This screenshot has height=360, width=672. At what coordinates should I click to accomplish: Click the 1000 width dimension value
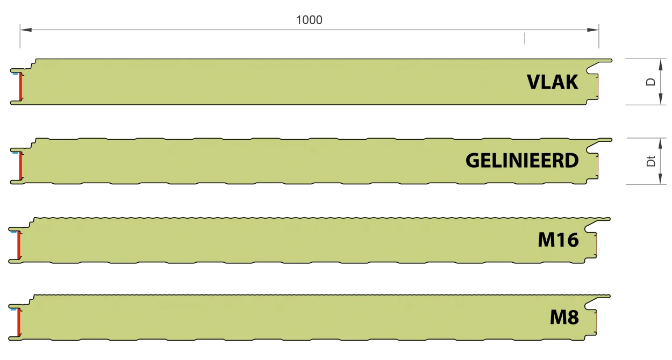coord(309,20)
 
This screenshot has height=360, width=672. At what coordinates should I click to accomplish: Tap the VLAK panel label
coord(552,82)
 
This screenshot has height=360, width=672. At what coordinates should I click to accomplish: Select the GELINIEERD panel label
coord(522,161)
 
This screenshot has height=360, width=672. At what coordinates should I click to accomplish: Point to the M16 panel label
coord(558,240)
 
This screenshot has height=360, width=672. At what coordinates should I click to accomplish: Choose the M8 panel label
coord(564,317)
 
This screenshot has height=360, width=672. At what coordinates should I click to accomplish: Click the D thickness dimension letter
coord(650,82)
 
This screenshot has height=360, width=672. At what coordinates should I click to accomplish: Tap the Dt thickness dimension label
coord(650,161)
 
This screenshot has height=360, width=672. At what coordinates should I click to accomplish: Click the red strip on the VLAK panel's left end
coord(21,87)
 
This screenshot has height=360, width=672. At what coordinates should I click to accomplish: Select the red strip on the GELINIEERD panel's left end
coord(21,166)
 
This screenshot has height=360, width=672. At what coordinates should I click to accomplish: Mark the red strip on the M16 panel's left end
coord(19,245)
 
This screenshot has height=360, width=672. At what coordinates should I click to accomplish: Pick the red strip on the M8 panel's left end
coord(19,322)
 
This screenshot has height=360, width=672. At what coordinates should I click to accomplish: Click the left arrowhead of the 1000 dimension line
coord(26,30)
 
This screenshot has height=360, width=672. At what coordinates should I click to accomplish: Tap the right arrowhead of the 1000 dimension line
coord(593,30)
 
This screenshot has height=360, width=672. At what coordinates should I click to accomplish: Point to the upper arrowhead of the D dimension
coord(660,64)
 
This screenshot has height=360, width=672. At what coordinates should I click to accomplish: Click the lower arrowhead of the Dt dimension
coord(660,178)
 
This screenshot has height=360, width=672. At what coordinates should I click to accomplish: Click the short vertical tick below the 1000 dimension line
coord(525,38)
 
